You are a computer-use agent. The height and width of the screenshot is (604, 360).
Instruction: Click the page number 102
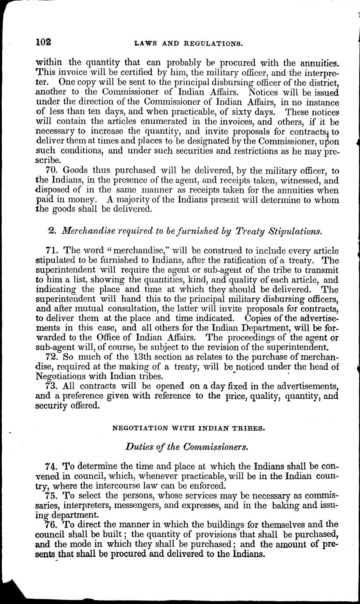coord(44,42)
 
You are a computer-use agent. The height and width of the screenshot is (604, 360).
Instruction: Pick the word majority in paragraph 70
coord(140,200)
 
